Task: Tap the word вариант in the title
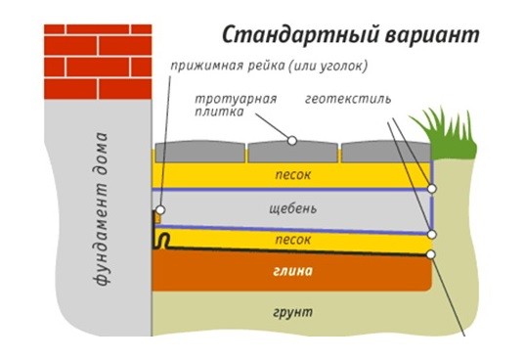(432, 35)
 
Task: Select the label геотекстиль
(348, 99)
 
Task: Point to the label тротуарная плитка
(236, 105)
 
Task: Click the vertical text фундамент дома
(101, 209)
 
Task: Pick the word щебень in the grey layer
(292, 209)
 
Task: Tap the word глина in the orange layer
(292, 271)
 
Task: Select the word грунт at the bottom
(292, 312)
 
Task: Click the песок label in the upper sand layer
(292, 174)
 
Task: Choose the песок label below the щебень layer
(292, 240)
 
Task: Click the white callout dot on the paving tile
(292, 141)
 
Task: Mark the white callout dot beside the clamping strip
(160, 210)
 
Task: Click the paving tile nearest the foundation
(199, 152)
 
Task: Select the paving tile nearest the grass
(386, 152)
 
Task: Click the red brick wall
(98, 62)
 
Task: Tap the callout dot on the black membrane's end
(431, 254)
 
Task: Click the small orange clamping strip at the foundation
(157, 218)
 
